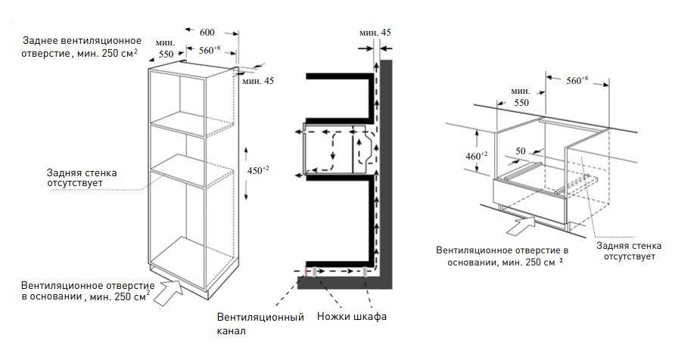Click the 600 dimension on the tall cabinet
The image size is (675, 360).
tap(207, 33)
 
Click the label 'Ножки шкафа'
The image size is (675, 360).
tap(352, 316)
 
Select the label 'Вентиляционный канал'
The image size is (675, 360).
tap(260, 324)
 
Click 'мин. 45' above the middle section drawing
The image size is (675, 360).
tap(375, 33)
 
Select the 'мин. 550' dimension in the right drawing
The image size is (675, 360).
tap(520, 95)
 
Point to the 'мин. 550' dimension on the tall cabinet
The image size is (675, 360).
tap(165, 50)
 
